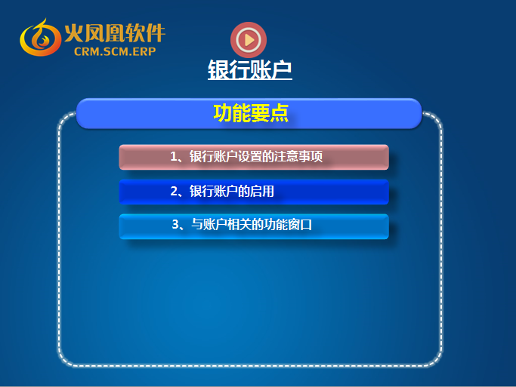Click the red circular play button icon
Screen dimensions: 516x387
tap(249, 40)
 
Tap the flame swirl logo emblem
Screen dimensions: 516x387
tap(41, 38)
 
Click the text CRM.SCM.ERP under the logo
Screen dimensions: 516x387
tap(115, 51)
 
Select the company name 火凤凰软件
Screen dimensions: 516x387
tap(115, 32)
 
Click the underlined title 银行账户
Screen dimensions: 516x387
tap(250, 69)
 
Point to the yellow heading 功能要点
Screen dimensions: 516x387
tap(251, 113)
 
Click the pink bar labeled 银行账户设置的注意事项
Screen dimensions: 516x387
tap(254, 157)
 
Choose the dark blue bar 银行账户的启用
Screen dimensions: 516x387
tap(254, 192)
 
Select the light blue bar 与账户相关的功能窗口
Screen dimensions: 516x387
tap(254, 226)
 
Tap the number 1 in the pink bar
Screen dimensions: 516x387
tap(174, 157)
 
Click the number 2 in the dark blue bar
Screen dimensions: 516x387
tap(174, 191)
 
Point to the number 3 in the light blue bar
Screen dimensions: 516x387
tap(175, 225)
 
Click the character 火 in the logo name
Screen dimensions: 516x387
tap(74, 33)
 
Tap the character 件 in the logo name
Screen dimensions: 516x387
tap(156, 33)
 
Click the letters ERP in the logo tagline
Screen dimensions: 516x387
tap(144, 51)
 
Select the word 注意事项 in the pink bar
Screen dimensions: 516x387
tap(298, 157)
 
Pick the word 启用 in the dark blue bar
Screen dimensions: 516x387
tap(262, 191)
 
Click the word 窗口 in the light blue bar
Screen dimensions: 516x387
tap(300, 225)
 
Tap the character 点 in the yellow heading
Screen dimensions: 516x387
tap(279, 113)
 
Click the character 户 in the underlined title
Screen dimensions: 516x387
tap(282, 69)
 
